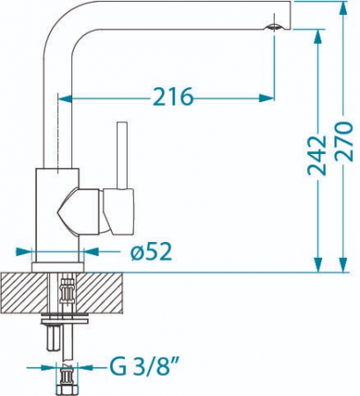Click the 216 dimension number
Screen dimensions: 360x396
point(173,97)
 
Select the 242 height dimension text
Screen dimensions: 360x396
point(317,156)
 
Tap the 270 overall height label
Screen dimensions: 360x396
point(344,141)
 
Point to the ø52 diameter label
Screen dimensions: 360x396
point(151,252)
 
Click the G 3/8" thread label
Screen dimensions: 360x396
point(143,367)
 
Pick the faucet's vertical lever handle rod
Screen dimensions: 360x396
point(121,155)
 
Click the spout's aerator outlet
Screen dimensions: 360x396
point(274,27)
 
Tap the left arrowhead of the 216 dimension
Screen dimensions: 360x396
point(65,99)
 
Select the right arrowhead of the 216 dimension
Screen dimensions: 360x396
point(267,99)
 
